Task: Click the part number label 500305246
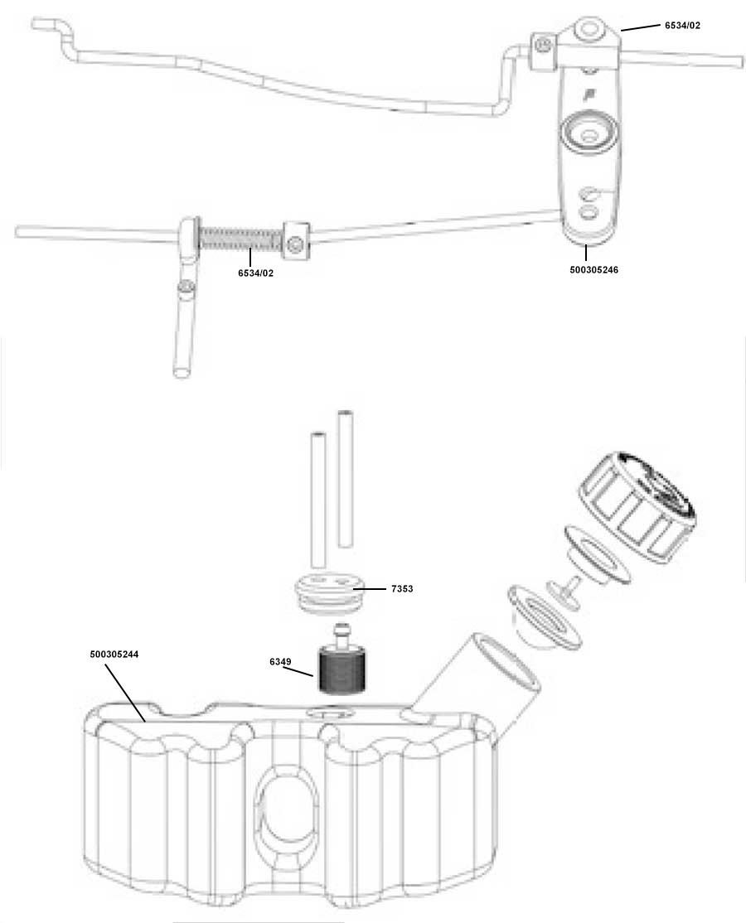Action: pyautogui.click(x=593, y=269)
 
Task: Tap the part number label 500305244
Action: pyautogui.click(x=114, y=654)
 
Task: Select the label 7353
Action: pyautogui.click(x=402, y=588)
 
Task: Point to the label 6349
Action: pyautogui.click(x=280, y=662)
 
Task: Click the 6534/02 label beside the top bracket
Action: pyautogui.click(x=682, y=26)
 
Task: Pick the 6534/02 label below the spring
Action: pyautogui.click(x=255, y=273)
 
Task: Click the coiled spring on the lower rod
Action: pyautogui.click(x=240, y=239)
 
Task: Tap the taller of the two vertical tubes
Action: pyautogui.click(x=346, y=479)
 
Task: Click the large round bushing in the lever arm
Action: pyautogui.click(x=589, y=133)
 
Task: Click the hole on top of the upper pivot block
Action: pyautogui.click(x=589, y=30)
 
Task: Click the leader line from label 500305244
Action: pyautogui.click(x=125, y=693)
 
